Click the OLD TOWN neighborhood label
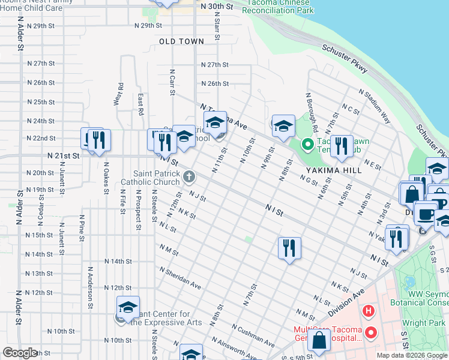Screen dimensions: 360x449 click(181, 41)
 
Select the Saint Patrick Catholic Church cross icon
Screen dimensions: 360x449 click(189, 176)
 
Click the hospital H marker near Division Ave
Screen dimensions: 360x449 click(369, 311)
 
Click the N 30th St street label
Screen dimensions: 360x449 click(217, 6)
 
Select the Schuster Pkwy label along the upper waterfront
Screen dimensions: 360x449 click(345, 59)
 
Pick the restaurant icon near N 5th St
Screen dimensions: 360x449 click(342, 146)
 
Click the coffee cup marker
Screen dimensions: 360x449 click(426, 214)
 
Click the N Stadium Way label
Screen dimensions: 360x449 click(375, 107)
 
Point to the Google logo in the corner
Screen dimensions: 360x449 click(20, 353)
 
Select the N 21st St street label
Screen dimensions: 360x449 click(64, 155)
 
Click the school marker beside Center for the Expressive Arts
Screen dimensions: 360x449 click(128, 308)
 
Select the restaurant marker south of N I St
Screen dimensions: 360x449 click(289, 248)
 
